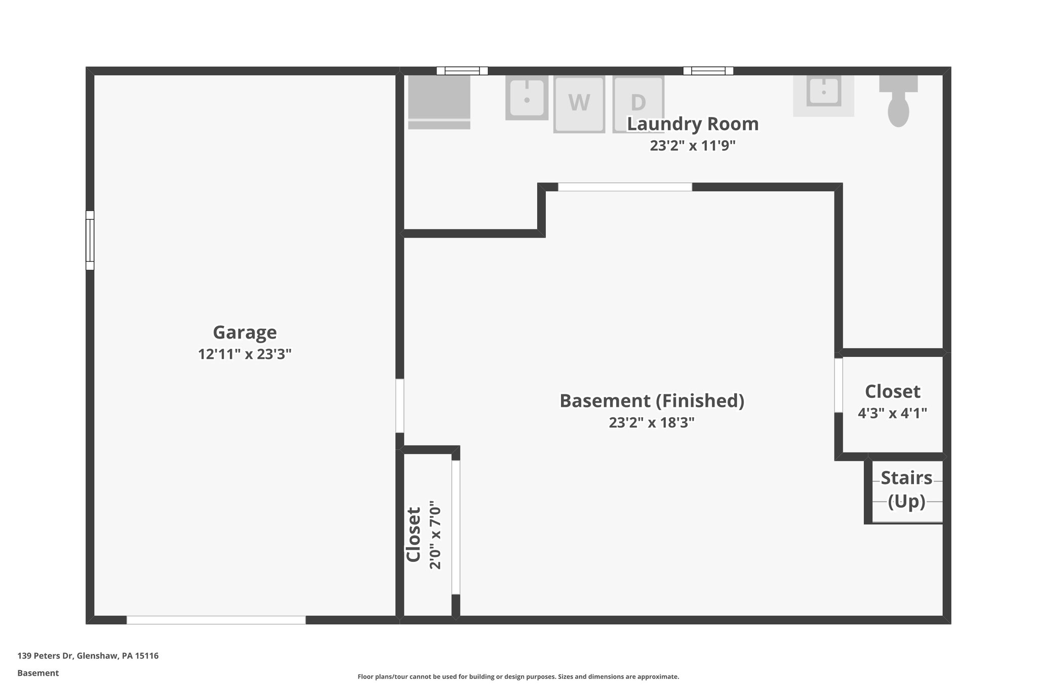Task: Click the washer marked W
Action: pos(579,104)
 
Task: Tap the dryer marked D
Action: pos(638,104)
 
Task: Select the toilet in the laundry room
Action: pos(898,102)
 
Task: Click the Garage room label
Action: pos(245,333)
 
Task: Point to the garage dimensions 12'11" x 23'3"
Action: pos(245,354)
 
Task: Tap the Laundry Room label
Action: pos(693,124)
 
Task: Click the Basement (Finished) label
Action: pos(652,401)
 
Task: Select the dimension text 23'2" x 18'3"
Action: pos(652,423)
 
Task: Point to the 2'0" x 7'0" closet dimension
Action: pos(435,535)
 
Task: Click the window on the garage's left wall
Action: pos(90,240)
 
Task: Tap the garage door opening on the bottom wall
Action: pos(216,620)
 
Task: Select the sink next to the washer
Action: pos(527,98)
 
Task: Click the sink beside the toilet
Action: pos(823,94)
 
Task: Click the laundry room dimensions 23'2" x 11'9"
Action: pos(693,146)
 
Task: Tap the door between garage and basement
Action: pos(400,405)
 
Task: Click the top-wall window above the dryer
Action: pos(708,71)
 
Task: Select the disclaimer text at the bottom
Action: pos(518,677)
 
